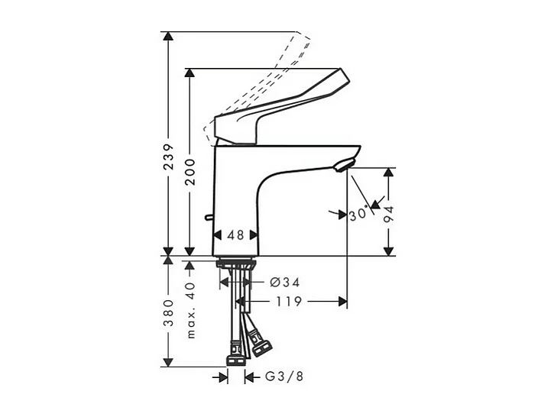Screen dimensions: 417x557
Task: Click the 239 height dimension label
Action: pos(169,157)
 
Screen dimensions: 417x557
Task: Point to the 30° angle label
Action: pos(358,215)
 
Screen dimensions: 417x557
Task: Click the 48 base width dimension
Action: pos(236,236)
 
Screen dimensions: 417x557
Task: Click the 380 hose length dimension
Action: pos(169,311)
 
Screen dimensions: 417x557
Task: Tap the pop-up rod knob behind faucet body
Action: pos(208,220)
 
